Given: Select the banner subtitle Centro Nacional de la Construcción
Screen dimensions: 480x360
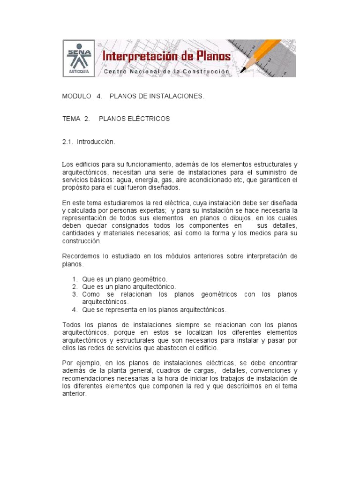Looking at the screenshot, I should (x=166, y=71).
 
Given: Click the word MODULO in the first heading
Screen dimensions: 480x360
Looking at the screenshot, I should (x=77, y=96).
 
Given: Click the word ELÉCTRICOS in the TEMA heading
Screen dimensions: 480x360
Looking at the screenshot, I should (x=150, y=119).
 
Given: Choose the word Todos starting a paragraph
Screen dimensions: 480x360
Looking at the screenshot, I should (x=70, y=325).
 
